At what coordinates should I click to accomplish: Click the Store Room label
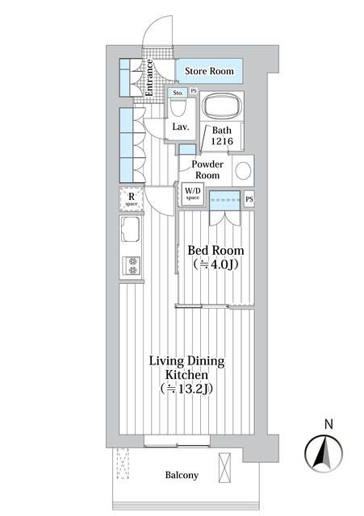[x=209, y=72]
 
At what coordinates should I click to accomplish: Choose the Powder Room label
[x=207, y=169]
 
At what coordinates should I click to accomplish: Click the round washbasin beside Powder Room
[x=244, y=170]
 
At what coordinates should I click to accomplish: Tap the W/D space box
[x=192, y=194]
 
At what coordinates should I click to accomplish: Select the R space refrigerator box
[x=131, y=198]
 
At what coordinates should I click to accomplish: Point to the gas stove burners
[x=131, y=265]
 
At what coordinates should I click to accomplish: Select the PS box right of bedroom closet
[x=249, y=199]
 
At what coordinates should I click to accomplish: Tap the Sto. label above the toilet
[x=178, y=92]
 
